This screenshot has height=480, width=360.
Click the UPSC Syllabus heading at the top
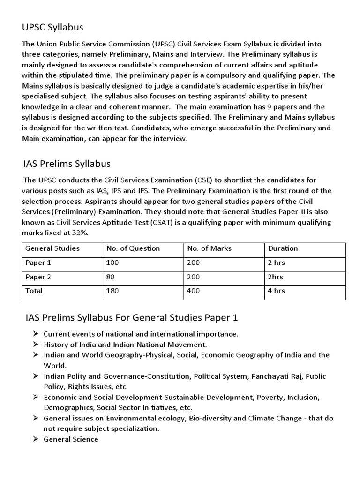click(52, 27)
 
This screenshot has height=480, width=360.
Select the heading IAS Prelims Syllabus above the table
click(67, 164)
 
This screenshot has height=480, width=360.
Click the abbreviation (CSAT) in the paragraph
click(164, 222)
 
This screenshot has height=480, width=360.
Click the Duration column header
click(283, 248)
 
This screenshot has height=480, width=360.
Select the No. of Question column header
click(133, 248)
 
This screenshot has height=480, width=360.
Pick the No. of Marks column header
click(209, 248)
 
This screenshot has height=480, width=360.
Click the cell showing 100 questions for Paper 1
click(113, 262)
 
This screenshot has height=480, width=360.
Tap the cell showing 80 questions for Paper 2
click(111, 277)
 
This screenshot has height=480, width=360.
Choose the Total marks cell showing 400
click(193, 291)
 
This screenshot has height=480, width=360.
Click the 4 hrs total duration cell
click(276, 291)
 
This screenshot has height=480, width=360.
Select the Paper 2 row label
click(38, 277)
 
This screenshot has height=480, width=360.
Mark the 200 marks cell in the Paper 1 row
click(193, 262)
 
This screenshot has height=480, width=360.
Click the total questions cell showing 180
click(113, 291)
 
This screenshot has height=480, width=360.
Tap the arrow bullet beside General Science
click(35, 439)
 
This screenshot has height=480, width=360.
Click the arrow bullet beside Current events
click(35, 334)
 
